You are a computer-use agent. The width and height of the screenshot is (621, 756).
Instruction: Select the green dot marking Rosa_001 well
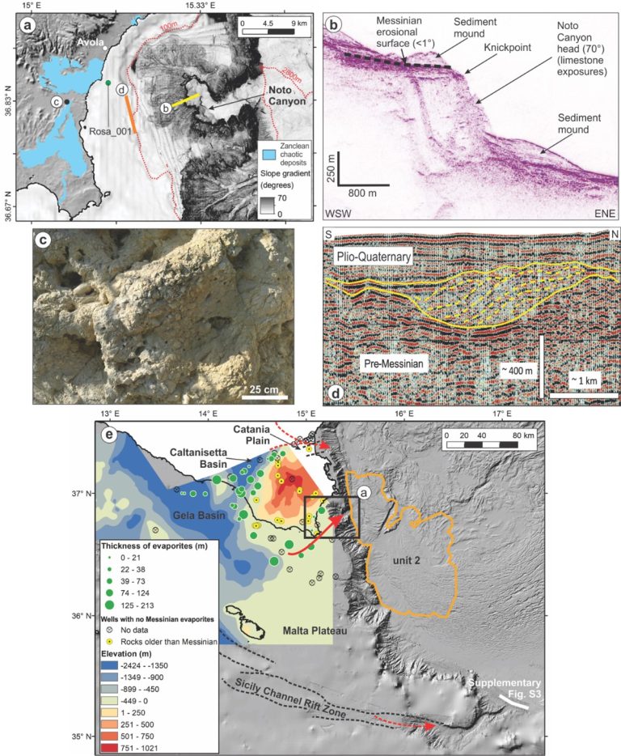point(108,83)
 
